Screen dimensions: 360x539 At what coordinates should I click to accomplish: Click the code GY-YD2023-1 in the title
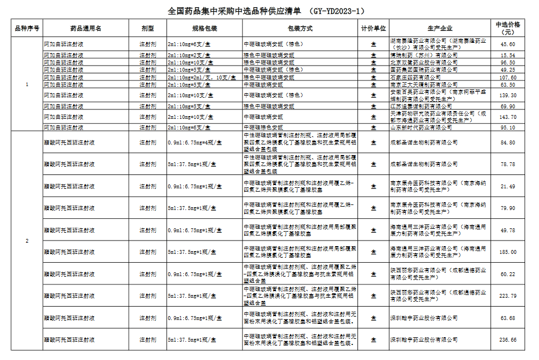coord(339,11)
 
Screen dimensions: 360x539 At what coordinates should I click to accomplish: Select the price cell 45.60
coord(507,44)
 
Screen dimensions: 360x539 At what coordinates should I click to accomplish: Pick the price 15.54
coord(507,56)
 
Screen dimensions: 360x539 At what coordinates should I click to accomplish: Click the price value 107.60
coord(507,77)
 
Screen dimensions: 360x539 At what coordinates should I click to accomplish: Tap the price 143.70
coord(507,117)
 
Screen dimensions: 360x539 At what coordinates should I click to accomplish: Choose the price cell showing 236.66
coord(507,339)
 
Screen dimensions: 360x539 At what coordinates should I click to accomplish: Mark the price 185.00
coord(507,252)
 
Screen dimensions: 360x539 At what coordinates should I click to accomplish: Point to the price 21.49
coord(507,186)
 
